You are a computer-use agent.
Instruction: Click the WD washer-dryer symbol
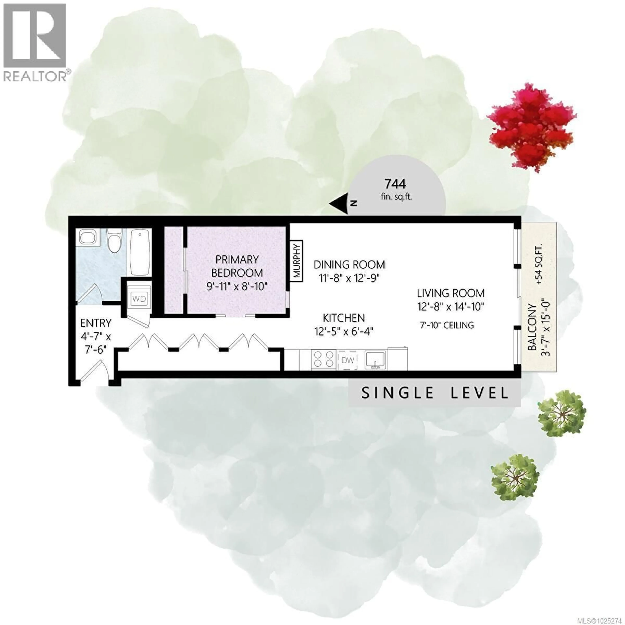coord(139,299)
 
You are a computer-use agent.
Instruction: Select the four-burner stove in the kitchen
coord(323,359)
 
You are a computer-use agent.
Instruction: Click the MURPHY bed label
coord(297,261)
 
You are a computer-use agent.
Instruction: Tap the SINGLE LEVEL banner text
coord(434,393)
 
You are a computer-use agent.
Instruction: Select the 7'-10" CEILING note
coord(447,325)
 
